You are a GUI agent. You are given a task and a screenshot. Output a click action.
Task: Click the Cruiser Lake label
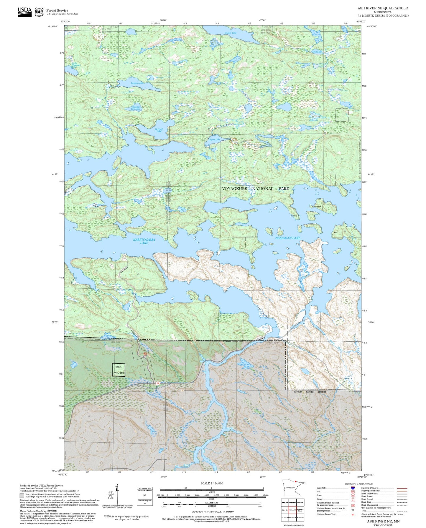[230, 33]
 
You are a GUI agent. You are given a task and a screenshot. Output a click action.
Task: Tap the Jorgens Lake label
[137, 83]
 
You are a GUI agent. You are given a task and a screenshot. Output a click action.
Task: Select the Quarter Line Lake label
[136, 108]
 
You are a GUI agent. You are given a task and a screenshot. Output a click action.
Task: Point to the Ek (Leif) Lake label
[159, 130]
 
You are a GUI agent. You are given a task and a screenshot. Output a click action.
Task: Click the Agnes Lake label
[214, 140]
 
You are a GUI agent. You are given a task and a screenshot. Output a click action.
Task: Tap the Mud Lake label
[317, 52]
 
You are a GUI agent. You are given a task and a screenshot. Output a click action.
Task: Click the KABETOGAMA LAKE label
[144, 241]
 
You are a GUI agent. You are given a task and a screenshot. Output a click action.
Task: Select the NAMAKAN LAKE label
[287, 238]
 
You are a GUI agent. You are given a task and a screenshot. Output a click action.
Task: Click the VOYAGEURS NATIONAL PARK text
[256, 189]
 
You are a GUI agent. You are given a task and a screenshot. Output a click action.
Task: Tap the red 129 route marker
[158, 383]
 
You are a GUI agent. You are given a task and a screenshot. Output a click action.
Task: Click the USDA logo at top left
[24, 11]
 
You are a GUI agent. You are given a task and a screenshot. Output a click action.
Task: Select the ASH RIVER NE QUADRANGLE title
[383, 8]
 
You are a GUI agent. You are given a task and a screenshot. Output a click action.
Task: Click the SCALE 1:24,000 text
[211, 483]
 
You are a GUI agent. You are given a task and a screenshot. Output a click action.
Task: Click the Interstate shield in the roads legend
[352, 488]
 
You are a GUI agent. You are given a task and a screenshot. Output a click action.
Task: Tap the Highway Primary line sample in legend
[402, 488]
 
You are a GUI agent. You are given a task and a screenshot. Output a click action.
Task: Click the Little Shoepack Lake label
[74, 65]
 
